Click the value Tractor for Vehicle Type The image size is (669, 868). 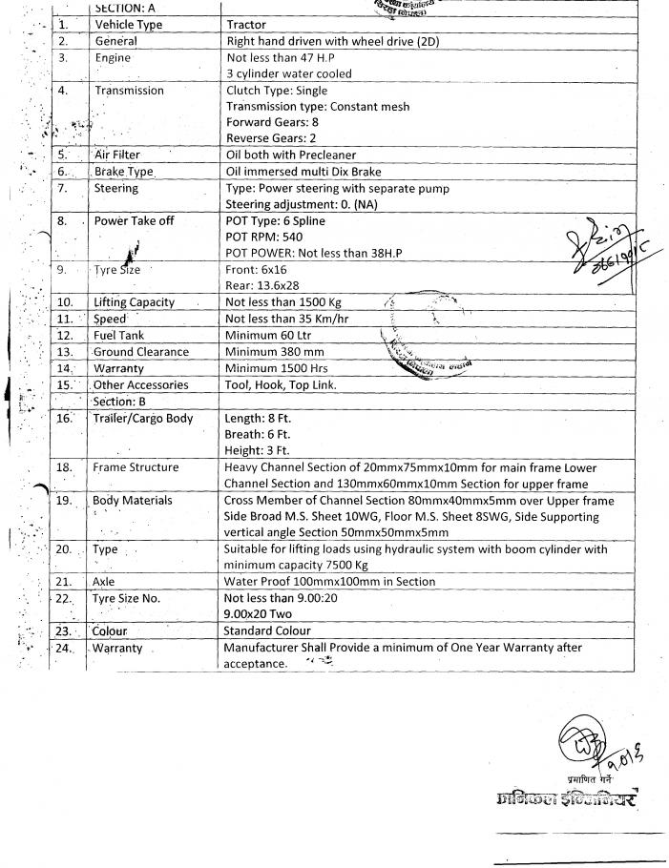tap(247, 25)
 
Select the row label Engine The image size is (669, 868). tap(114, 58)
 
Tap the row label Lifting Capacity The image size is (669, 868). tap(135, 302)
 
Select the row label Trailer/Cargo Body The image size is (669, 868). tap(143, 418)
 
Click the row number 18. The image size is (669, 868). tap(64, 467)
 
